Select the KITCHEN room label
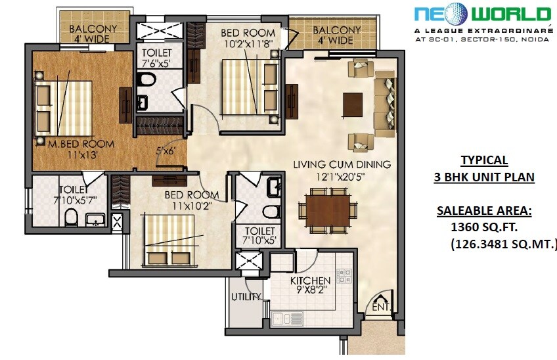311,281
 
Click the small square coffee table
353,103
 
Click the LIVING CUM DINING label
342,164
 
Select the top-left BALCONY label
93,29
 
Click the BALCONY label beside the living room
336,30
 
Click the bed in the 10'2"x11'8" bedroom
246,85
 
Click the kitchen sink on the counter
287,319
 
